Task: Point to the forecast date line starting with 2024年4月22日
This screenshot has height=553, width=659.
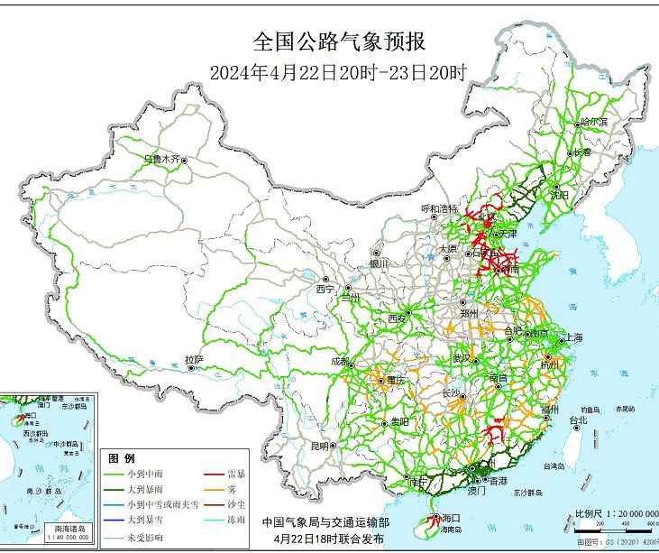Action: [338, 72]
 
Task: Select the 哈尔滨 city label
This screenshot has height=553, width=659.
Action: [594, 121]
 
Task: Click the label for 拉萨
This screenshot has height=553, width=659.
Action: [194, 360]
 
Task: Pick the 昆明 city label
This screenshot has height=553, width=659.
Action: [320, 446]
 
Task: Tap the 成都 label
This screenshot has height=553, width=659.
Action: [341, 361]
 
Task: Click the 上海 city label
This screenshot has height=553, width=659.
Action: [573, 337]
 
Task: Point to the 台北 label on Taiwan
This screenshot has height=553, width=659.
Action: [578, 419]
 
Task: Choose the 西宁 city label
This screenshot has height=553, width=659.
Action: [325, 290]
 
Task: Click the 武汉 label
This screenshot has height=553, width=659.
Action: [461, 358]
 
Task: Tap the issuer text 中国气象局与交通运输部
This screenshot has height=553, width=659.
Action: [326, 522]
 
